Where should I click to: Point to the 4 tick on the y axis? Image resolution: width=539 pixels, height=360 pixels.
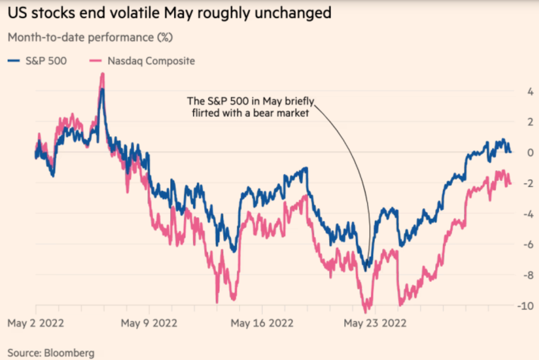[530, 91]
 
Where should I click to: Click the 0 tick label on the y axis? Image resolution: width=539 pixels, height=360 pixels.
[530, 152]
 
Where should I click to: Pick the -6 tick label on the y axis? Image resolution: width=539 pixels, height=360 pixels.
[528, 244]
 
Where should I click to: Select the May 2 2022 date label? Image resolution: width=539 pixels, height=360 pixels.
[35, 323]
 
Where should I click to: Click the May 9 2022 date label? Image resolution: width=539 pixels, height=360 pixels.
[149, 323]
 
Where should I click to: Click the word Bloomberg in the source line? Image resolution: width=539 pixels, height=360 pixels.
[69, 352]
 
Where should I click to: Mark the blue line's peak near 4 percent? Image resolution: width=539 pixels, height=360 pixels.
[102, 90]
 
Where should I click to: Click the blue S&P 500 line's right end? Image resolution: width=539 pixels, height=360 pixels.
[511, 151]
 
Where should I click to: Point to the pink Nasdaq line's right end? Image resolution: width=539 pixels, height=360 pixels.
[511, 183]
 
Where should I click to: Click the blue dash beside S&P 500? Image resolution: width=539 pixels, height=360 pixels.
[14, 61]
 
